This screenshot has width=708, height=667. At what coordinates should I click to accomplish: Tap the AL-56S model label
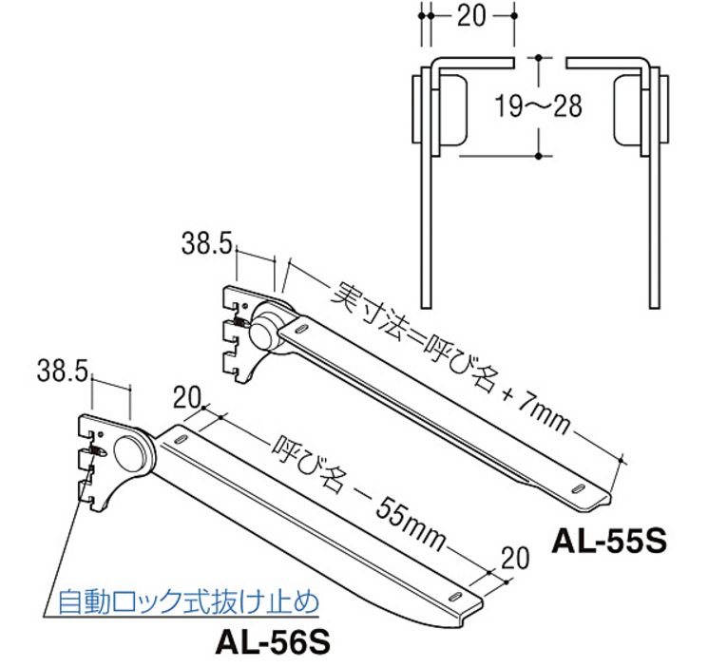click(x=272, y=643)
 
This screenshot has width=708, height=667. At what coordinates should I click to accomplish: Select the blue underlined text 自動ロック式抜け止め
click(x=187, y=602)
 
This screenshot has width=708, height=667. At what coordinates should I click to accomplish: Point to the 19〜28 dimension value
click(x=538, y=105)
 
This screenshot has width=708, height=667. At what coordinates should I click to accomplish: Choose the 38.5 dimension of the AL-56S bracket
click(x=62, y=370)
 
